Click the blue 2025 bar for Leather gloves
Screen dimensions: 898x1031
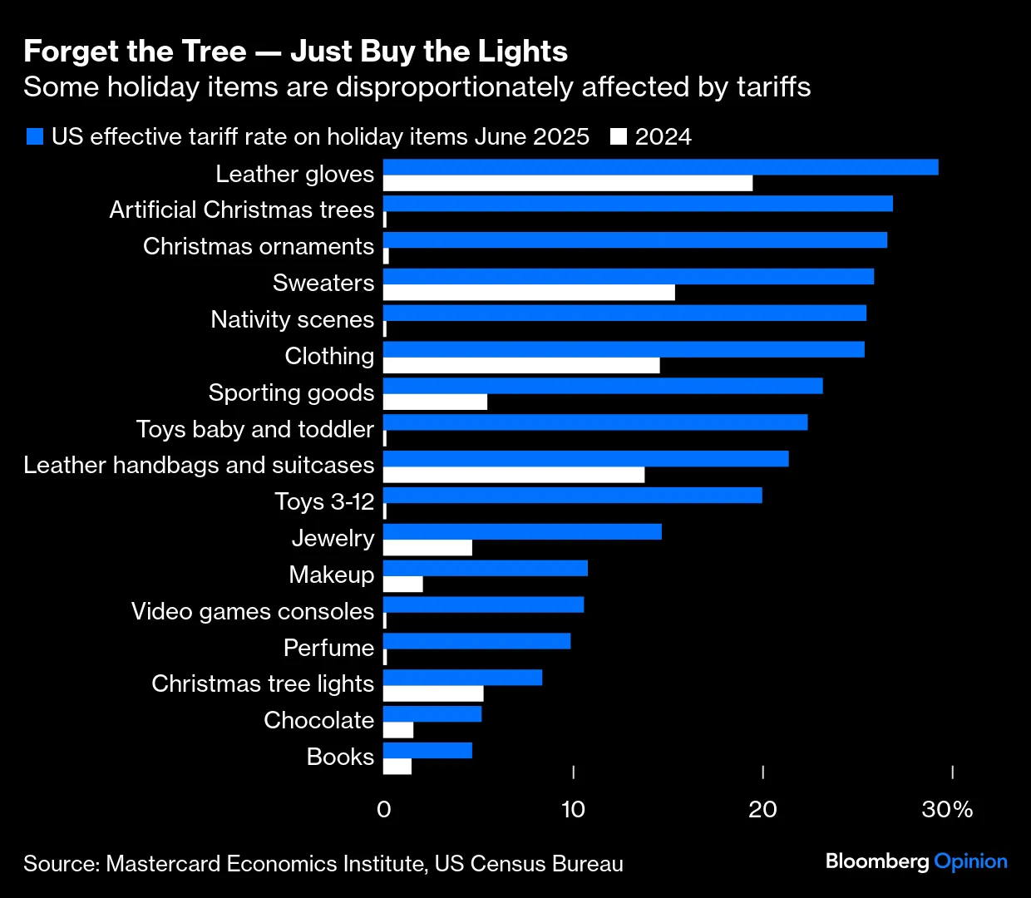pyautogui.click(x=660, y=167)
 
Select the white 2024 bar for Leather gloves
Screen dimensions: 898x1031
pyautogui.click(x=568, y=183)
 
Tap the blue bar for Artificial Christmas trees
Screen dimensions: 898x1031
pyautogui.click(x=638, y=204)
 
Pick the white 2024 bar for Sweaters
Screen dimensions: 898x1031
pyautogui.click(x=529, y=293)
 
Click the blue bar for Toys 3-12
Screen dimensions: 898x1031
pyautogui.click(x=572, y=496)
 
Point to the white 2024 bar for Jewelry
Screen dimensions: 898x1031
pyautogui.click(x=427, y=548)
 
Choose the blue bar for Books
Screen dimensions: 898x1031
pyautogui.click(x=427, y=751)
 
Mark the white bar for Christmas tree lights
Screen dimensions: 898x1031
pyautogui.click(x=433, y=693)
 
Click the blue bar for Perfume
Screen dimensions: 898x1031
pyautogui.click(x=476, y=641)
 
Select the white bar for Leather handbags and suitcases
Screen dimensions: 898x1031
pyautogui.click(x=514, y=475)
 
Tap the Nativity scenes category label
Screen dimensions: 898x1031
pyautogui.click(x=293, y=319)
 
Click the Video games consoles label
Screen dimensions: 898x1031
pyautogui.click(x=253, y=611)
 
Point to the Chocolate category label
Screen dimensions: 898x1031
pyautogui.click(x=319, y=720)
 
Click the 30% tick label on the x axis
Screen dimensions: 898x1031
pyautogui.click(x=947, y=810)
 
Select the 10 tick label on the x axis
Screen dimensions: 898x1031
pyautogui.click(x=573, y=810)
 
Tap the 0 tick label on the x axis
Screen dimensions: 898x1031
pyautogui.click(x=383, y=810)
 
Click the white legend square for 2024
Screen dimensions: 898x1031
pyautogui.click(x=618, y=136)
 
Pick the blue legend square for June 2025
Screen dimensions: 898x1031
pyautogui.click(x=34, y=136)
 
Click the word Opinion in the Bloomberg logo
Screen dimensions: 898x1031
pyautogui.click(x=970, y=861)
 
